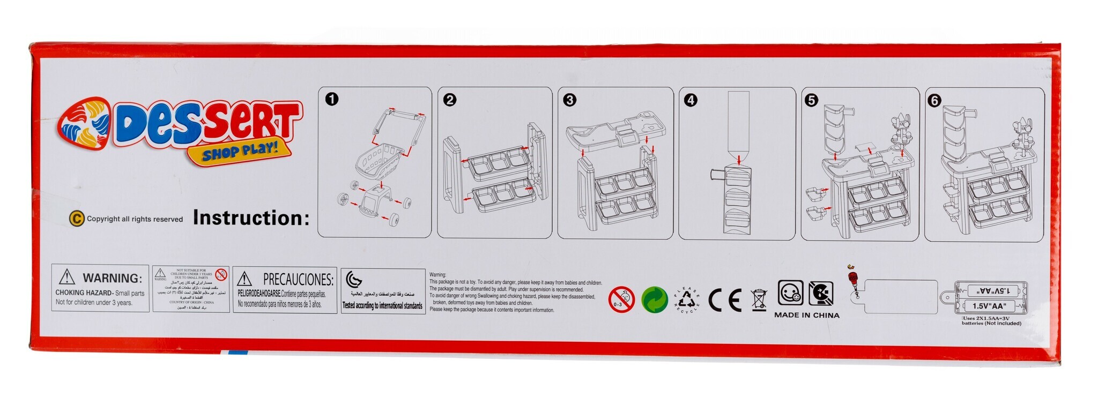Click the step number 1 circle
[x=332, y=99]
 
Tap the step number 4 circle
[x=691, y=100]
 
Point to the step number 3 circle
[x=569, y=100]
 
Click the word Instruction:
[x=251, y=218]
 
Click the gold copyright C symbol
[x=77, y=219]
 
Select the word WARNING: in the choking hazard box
[x=112, y=278]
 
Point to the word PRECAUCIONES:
[x=298, y=279]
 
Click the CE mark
[x=725, y=301]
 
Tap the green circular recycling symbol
[x=654, y=299]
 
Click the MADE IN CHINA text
[x=806, y=315]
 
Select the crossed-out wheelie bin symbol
[x=759, y=299]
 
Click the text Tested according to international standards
[x=382, y=306]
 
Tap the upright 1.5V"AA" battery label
[x=989, y=307]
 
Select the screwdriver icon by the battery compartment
[x=851, y=281]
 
